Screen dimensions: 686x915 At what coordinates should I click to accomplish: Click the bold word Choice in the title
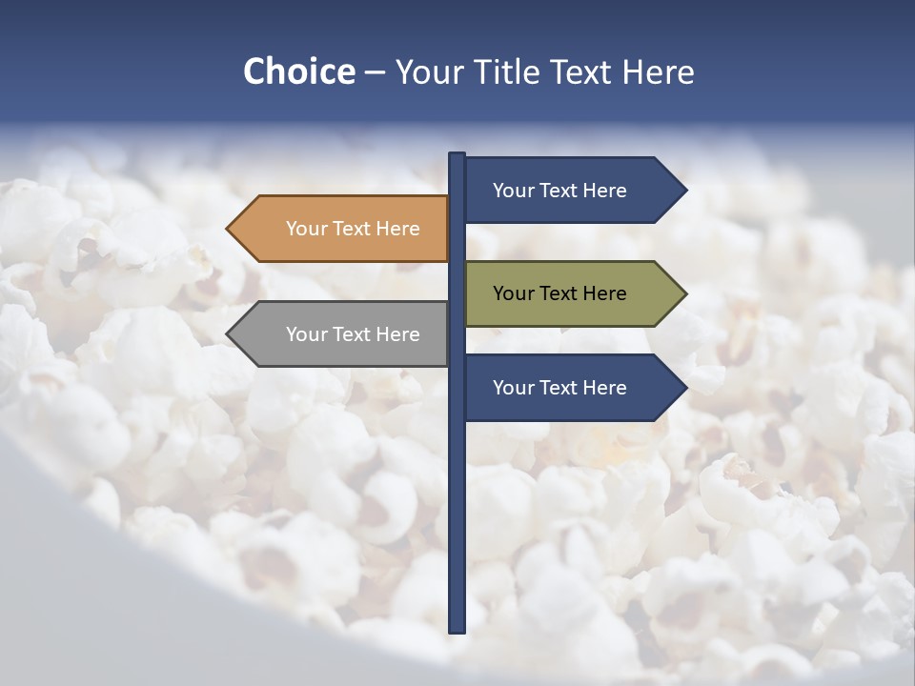tap(298, 71)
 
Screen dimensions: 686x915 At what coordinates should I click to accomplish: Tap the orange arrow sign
tap(338, 229)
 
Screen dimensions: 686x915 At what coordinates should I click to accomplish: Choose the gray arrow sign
tap(338, 334)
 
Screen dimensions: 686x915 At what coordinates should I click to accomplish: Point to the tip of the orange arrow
tap(229, 229)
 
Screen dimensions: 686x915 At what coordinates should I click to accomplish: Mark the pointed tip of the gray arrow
tap(229, 334)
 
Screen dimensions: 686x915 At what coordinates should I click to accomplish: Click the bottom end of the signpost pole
tap(457, 630)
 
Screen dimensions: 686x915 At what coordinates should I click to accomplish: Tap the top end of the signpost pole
tap(457, 155)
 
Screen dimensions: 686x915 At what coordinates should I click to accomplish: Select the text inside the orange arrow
tap(353, 229)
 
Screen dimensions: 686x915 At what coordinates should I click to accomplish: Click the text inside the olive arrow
tap(559, 293)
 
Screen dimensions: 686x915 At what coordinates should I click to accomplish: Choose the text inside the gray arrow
tap(353, 334)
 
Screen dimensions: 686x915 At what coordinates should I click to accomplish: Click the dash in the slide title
tap(375, 72)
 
